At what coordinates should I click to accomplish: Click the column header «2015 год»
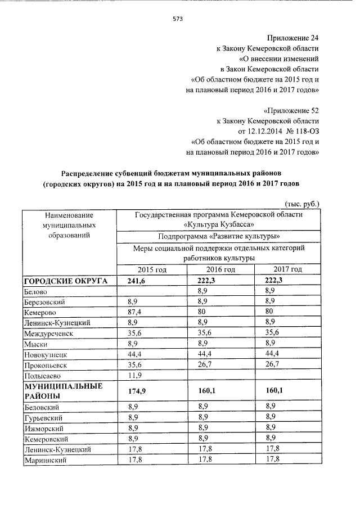pyautogui.click(x=151, y=269)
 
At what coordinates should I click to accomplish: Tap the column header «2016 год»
pyautogui.click(x=220, y=269)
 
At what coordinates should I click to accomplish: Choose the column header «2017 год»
pyautogui.click(x=287, y=269)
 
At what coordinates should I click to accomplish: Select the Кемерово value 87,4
pyautogui.click(x=134, y=312)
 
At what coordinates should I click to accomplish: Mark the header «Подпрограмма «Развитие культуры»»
pyautogui.click(x=219, y=236)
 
